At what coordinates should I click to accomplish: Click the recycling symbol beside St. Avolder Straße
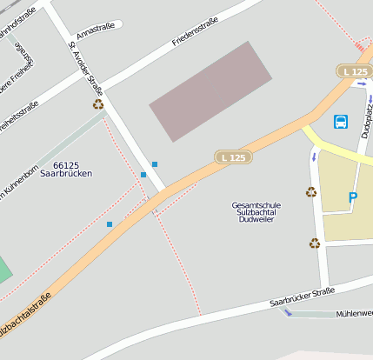(98, 104)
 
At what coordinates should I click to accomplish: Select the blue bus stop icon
(341, 122)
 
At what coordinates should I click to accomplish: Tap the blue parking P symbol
(353, 198)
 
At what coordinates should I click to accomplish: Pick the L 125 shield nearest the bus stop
(354, 70)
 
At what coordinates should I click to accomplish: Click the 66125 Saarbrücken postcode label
(72, 169)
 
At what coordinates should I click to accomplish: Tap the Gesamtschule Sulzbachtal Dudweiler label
(256, 212)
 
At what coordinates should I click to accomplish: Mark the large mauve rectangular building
(211, 90)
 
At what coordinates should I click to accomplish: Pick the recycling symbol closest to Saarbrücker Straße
(315, 243)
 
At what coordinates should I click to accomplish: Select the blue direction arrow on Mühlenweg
(288, 313)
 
